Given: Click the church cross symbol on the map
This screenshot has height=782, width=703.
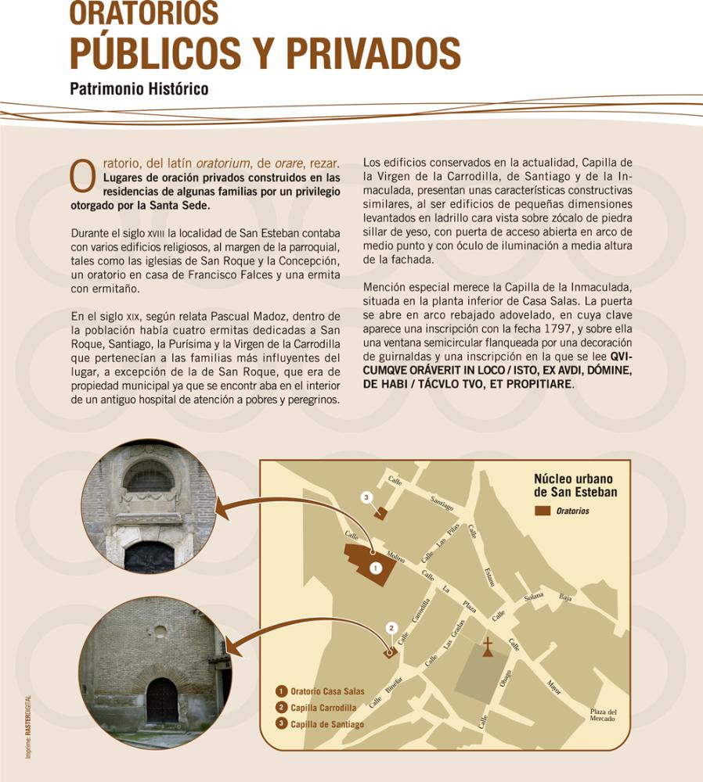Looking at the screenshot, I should click(488, 646).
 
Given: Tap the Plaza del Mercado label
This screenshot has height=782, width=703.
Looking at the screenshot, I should click(604, 715).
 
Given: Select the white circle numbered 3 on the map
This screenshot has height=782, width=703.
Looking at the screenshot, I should click(366, 497).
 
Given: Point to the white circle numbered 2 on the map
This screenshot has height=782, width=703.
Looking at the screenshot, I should click(392, 628).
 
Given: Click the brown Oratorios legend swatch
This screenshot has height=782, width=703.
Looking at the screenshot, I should click(543, 511).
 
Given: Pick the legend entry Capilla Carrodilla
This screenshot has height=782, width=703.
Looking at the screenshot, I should click(317, 708).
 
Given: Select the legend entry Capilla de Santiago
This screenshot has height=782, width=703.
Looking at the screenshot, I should click(320, 724).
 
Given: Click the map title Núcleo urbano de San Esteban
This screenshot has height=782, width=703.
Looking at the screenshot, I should click(575, 486).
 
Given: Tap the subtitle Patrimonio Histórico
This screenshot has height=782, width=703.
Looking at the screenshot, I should click(139, 88).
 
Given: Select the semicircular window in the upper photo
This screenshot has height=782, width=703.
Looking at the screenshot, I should click(149, 477).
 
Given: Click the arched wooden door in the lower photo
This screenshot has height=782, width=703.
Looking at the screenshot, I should click(161, 700).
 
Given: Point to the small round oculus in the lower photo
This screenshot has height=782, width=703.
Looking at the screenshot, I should click(160, 631).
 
